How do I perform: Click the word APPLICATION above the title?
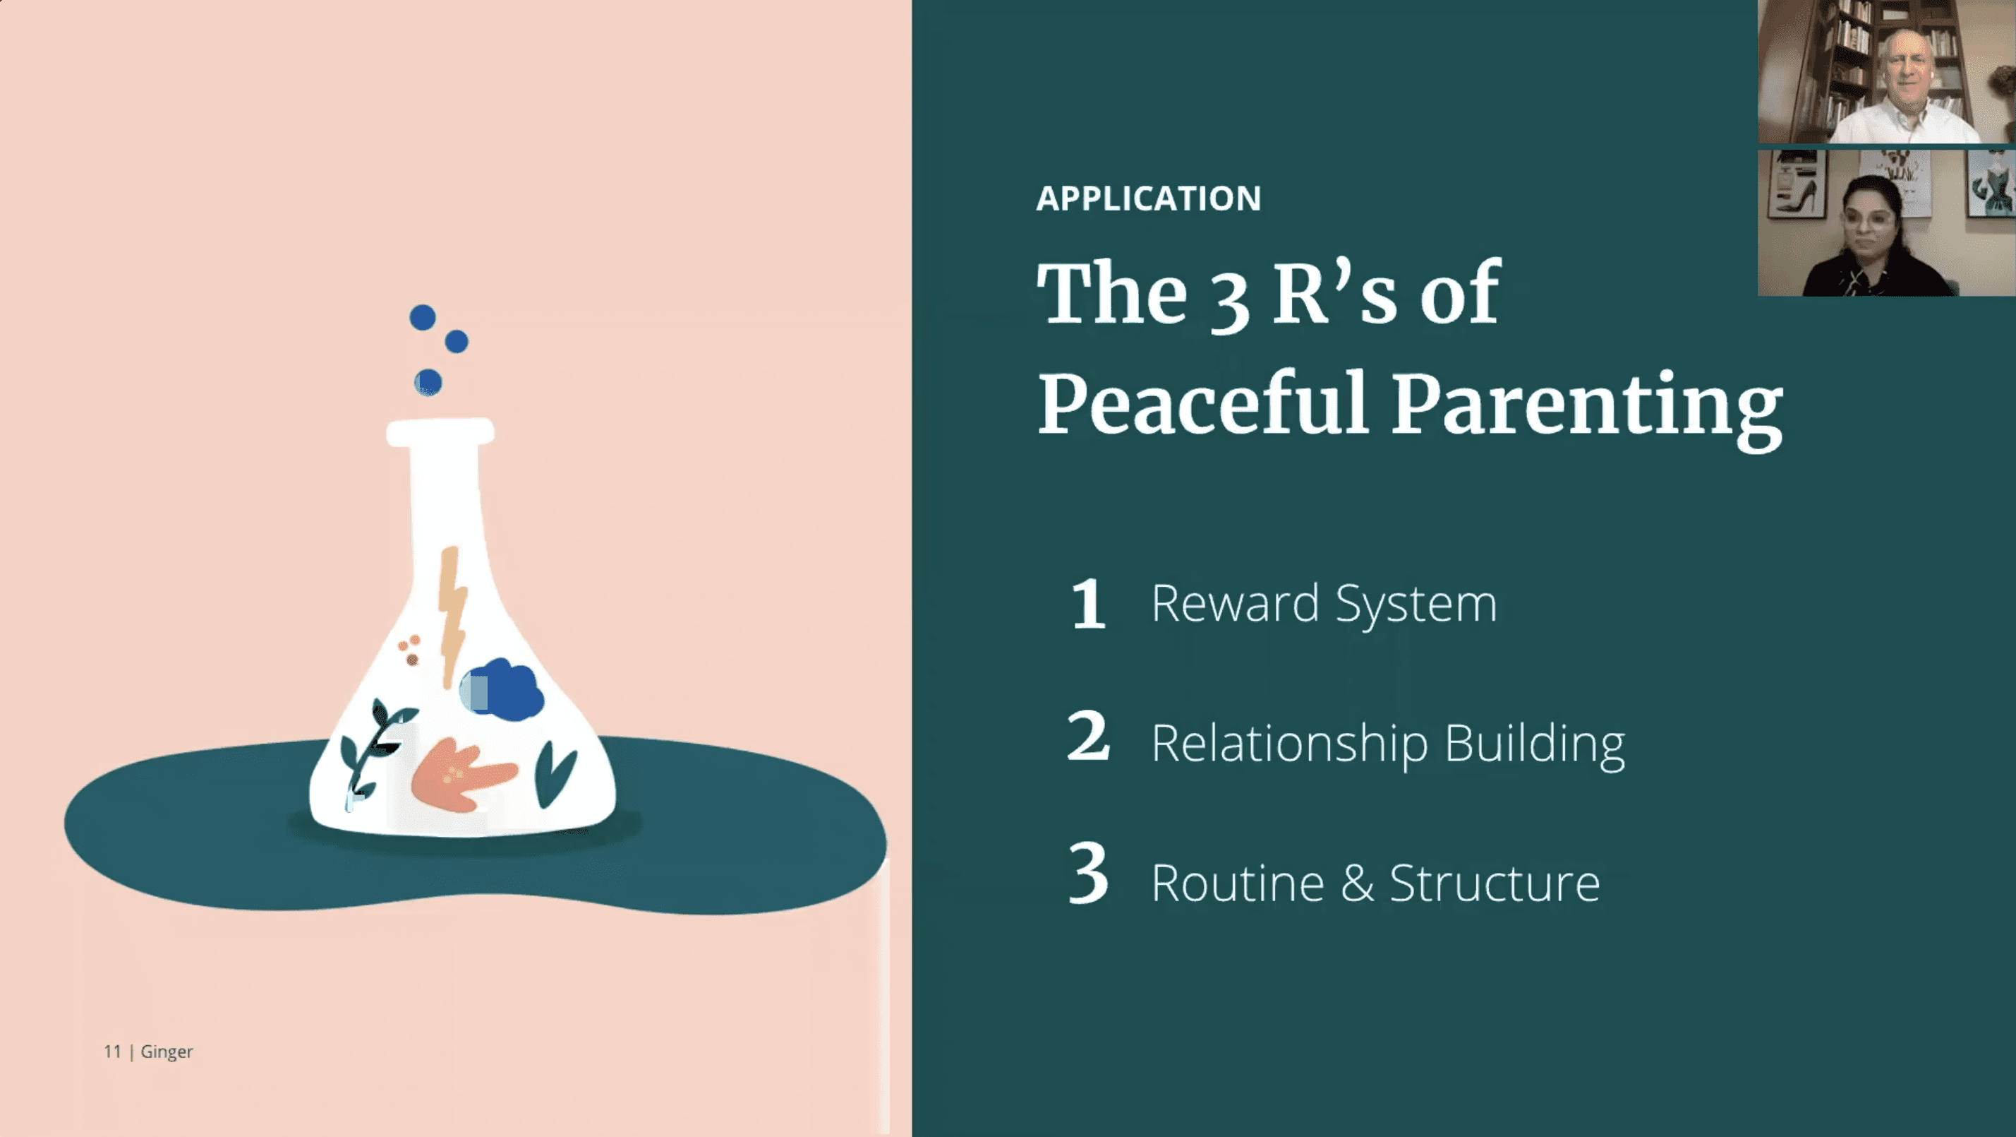(x=1148, y=198)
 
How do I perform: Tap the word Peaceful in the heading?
(x=1203, y=403)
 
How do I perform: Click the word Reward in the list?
(x=1235, y=603)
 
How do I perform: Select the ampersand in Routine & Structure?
(x=1357, y=883)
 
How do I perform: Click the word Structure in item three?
(x=1495, y=883)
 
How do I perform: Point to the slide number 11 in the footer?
(x=112, y=1052)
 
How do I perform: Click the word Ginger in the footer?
(x=167, y=1052)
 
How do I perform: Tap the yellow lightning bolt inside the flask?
(x=452, y=614)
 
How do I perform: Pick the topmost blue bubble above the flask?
(x=423, y=317)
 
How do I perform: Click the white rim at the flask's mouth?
(x=440, y=432)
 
